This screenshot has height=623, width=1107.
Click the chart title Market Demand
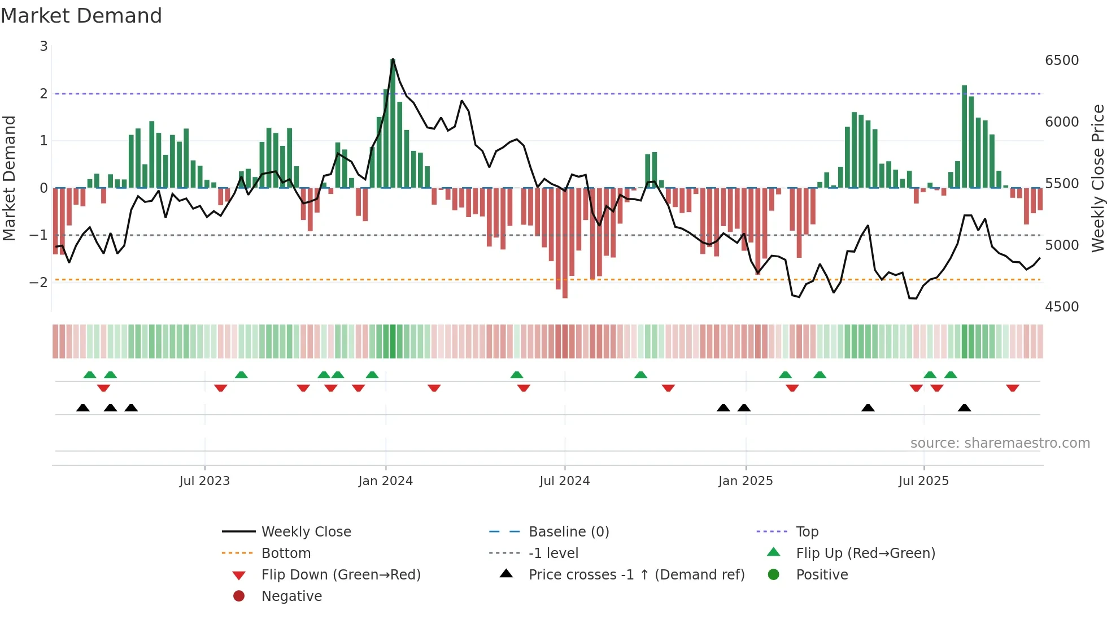click(x=81, y=16)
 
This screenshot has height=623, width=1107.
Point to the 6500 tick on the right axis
click(x=1061, y=60)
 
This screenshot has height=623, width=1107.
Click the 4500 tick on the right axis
click(x=1061, y=307)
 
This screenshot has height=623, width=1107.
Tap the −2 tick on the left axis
click(x=38, y=282)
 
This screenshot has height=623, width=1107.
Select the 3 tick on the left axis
click(x=43, y=46)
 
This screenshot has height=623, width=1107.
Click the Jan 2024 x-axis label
click(x=385, y=481)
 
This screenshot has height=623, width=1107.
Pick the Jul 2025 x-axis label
click(x=923, y=481)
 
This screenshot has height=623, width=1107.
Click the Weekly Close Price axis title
click(x=1097, y=178)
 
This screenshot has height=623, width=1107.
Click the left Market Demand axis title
click(x=10, y=178)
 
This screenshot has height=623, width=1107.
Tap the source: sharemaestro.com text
click(x=1000, y=443)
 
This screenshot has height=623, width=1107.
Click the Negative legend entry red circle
click(x=239, y=596)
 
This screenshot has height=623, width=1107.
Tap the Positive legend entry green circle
click(x=774, y=575)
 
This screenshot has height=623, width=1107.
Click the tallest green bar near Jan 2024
click(x=393, y=124)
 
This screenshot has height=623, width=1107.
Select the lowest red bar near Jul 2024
click(x=565, y=243)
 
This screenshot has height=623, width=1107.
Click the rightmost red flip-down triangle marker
click(x=1012, y=388)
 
